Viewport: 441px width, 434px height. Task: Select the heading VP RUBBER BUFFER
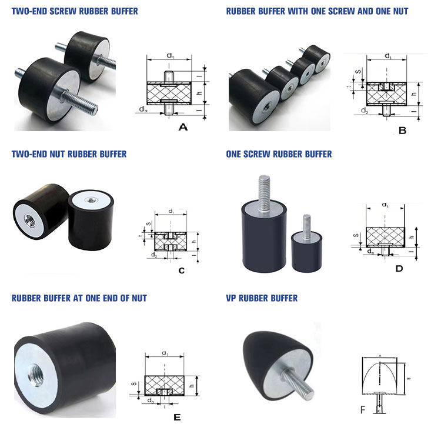(262, 298)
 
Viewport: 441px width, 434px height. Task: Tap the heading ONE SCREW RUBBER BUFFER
(279, 154)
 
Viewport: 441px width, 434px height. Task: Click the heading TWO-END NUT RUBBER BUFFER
(69, 154)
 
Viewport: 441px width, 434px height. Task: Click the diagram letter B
(402, 131)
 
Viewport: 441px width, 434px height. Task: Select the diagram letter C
(181, 271)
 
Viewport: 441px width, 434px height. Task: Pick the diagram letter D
(399, 269)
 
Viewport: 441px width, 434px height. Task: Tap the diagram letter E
(177, 418)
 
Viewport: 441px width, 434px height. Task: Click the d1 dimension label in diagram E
(165, 354)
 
